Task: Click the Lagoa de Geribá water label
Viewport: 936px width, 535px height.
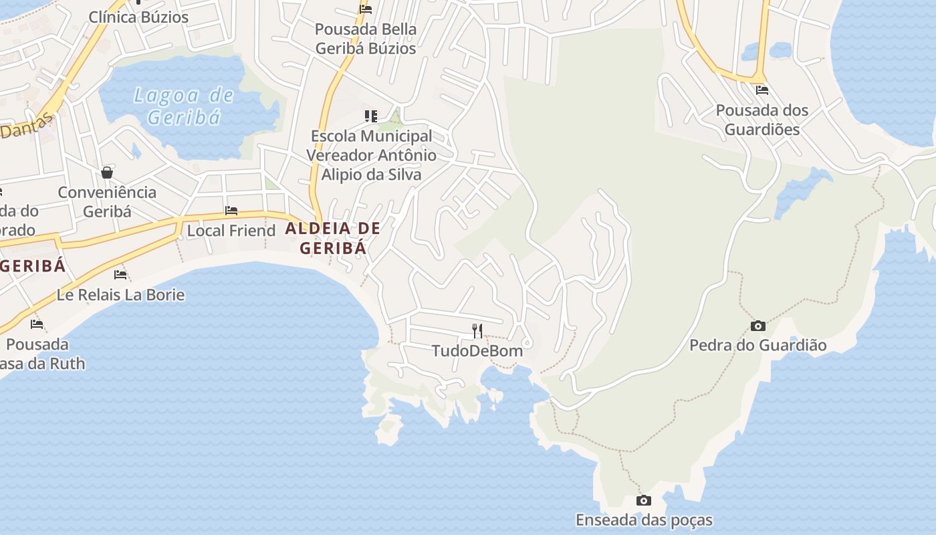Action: [184, 106]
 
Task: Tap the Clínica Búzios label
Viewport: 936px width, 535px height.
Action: [138, 17]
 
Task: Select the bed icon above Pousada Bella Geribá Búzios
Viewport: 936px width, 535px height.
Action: [366, 9]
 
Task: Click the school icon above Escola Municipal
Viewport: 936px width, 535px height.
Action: [371, 116]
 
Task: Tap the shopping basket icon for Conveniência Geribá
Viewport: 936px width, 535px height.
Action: [107, 173]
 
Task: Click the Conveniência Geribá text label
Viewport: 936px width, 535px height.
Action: [107, 202]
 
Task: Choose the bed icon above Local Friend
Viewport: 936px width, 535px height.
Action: [231, 211]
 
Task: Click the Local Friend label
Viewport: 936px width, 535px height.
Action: [231, 231]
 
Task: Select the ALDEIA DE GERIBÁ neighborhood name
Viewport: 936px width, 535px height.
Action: [333, 238]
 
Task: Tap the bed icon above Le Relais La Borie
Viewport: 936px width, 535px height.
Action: [120, 274]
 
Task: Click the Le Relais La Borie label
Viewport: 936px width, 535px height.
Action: [120, 295]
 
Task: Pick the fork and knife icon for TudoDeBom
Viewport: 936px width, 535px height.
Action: [477, 330]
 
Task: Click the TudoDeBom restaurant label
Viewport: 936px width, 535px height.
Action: [477, 350]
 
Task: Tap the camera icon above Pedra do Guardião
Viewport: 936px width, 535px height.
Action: [757, 326]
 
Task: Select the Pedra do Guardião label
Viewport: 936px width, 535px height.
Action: [757, 346]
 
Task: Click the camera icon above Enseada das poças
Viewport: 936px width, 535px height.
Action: [643, 500]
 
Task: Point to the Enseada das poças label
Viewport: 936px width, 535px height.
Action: [644, 520]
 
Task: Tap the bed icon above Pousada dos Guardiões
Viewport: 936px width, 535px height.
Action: [762, 90]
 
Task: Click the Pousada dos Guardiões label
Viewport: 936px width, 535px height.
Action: [762, 120]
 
